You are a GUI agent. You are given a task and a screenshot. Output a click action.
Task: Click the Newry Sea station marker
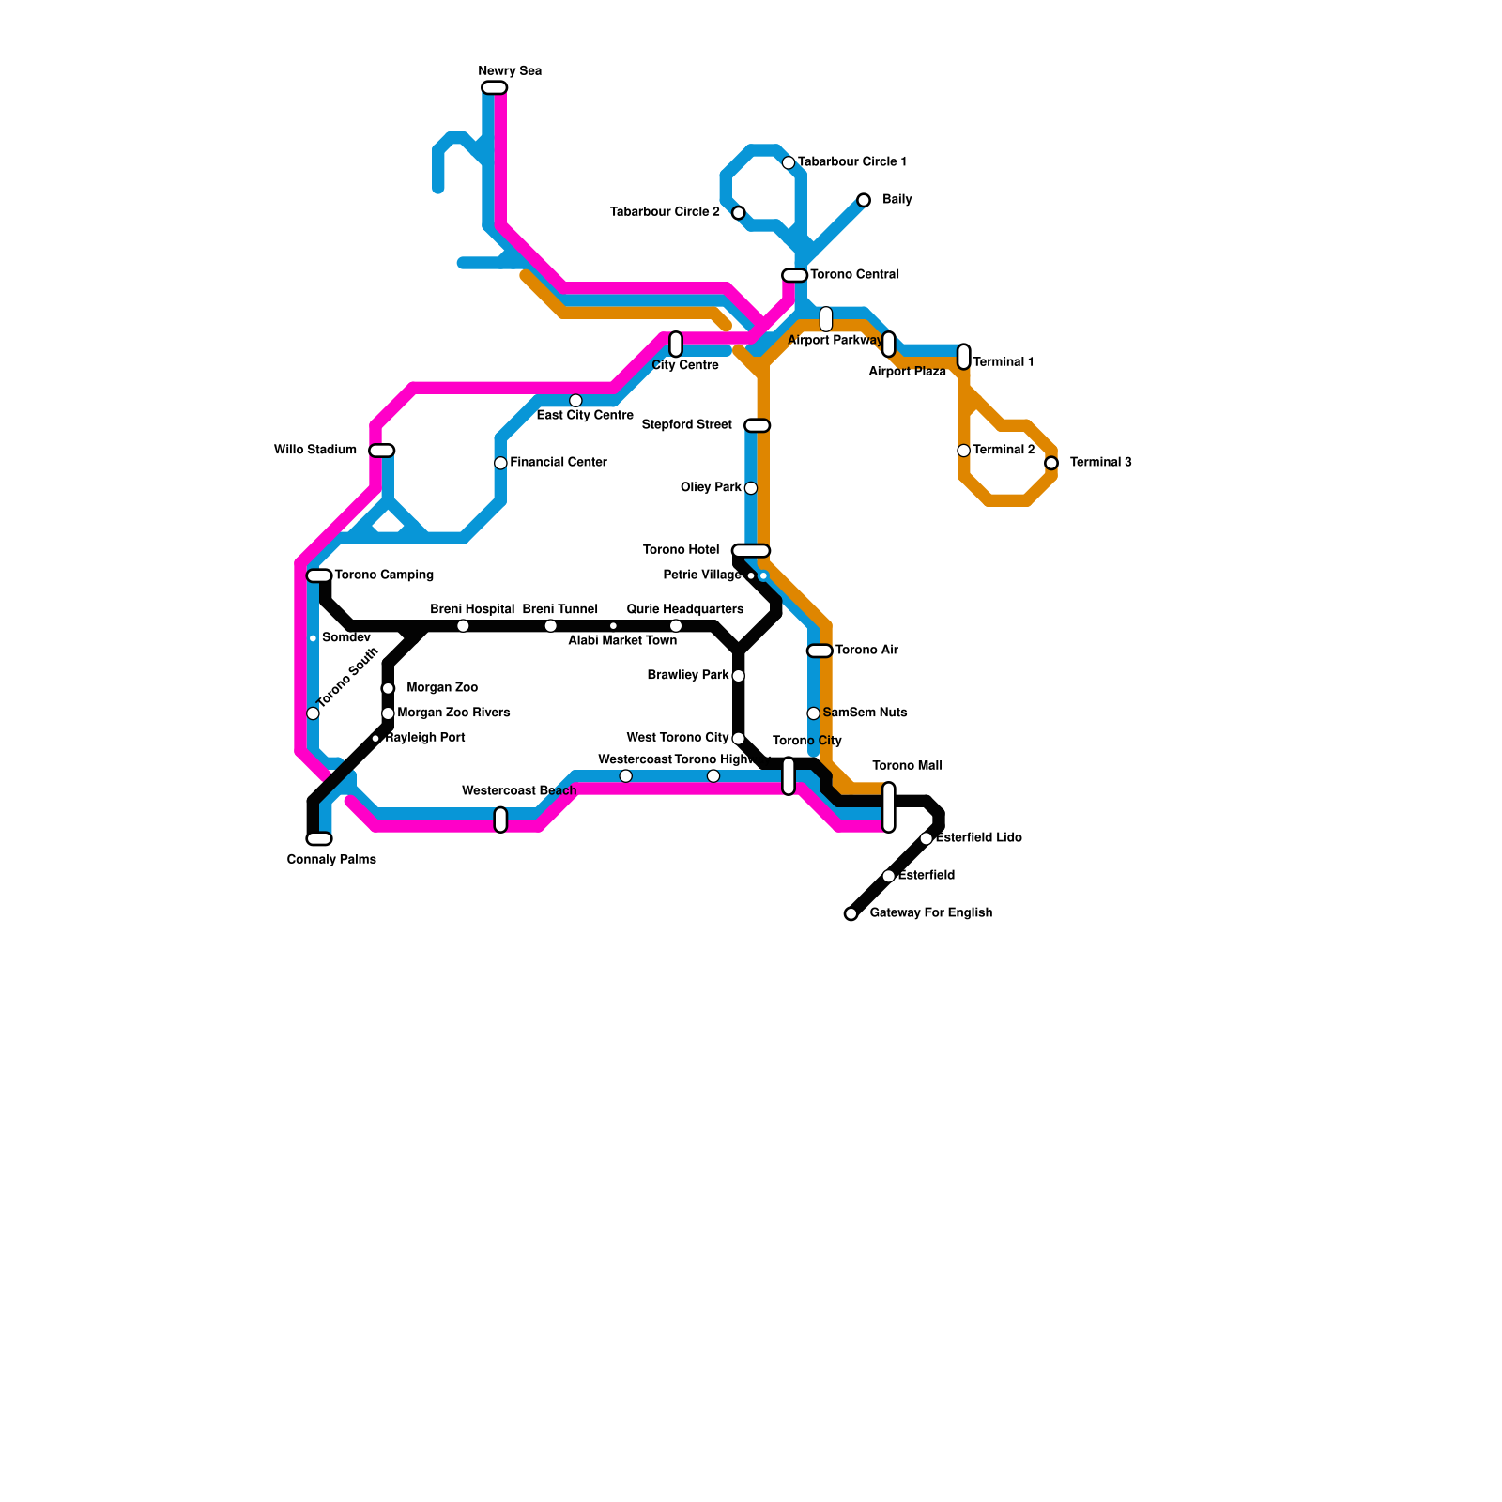494,87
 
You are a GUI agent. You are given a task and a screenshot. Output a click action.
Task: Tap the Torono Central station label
854,275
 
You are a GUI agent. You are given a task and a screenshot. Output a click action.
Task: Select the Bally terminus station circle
864,200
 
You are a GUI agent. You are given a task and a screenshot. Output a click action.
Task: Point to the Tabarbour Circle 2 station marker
739,213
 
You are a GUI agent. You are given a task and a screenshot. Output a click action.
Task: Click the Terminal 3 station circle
1051,463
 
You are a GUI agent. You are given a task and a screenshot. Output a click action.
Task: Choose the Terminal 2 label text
1004,450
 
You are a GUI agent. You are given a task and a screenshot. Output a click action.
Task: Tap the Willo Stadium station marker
382,451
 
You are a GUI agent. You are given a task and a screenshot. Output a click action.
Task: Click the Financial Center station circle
500,463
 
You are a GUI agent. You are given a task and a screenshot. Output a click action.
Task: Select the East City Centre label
585,415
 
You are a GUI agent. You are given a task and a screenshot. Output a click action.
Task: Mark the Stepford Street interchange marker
758,425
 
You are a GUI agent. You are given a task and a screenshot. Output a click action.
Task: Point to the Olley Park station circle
751,488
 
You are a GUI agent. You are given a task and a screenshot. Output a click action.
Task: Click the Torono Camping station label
384,575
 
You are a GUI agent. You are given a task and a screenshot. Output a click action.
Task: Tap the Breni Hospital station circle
463,626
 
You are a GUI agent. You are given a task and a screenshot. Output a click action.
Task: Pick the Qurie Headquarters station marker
676,626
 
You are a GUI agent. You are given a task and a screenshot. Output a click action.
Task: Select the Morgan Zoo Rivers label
453,713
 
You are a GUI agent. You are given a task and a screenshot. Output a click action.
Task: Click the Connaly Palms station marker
319,838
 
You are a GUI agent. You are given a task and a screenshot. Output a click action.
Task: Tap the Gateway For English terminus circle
851,913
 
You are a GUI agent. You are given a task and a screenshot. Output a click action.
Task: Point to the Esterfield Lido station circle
927,838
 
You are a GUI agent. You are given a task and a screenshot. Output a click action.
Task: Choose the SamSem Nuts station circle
814,713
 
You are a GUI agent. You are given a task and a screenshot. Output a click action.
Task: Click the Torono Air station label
866,650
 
